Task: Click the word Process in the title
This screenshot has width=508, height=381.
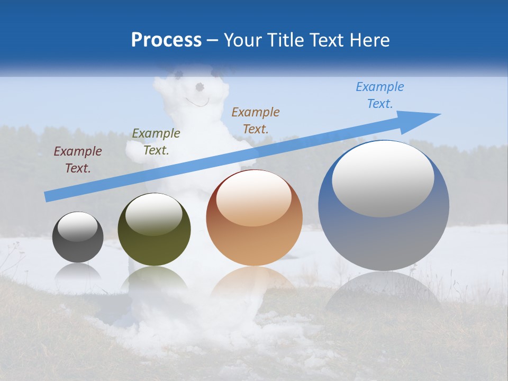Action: click(166, 40)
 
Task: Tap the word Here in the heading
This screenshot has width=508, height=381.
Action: click(369, 40)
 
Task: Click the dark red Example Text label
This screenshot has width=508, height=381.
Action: click(78, 160)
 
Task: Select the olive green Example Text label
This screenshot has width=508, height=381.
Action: click(156, 142)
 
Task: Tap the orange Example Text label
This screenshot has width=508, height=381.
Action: click(256, 120)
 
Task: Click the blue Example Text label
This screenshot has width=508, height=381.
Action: click(380, 95)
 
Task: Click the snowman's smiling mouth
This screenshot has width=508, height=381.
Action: click(197, 102)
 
